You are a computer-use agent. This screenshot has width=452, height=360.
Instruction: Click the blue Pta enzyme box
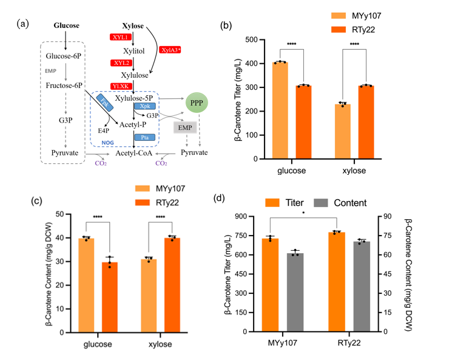tap(144, 138)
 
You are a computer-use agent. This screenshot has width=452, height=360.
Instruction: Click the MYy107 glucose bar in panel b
tap(280, 110)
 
